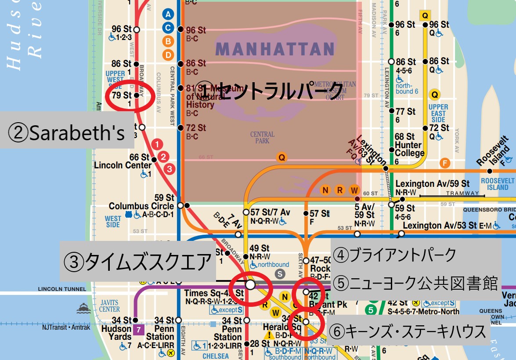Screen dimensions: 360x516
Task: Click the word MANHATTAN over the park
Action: [275, 49]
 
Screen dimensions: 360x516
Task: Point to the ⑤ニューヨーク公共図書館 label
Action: [415, 284]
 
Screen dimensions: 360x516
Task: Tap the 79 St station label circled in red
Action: [122, 95]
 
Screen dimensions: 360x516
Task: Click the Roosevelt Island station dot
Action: [490, 171]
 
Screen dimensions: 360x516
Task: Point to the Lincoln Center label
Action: [123, 166]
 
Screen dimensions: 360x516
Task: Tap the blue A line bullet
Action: [167, 14]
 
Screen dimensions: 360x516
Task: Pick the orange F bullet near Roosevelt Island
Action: [445, 164]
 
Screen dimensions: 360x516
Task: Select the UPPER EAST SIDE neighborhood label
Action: [438, 113]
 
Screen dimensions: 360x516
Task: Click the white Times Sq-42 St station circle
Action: [250, 285]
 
